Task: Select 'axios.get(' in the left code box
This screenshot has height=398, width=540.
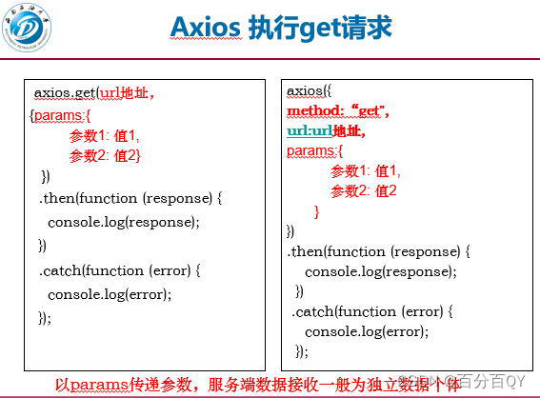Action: [66, 92]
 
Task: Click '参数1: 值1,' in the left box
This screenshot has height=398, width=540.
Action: [104, 136]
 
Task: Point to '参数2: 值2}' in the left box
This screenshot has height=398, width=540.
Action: [105, 155]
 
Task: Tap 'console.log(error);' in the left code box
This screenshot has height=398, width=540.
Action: [110, 294]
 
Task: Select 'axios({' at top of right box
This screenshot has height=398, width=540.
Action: [309, 91]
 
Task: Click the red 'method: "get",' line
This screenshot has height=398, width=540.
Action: [338, 111]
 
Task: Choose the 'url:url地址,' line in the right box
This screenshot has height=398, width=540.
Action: [326, 131]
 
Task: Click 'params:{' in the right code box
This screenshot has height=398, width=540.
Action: [313, 151]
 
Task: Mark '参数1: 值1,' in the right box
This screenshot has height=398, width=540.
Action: [366, 171]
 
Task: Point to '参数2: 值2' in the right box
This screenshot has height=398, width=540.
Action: [364, 191]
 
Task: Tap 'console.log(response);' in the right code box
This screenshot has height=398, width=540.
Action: [380, 271]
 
